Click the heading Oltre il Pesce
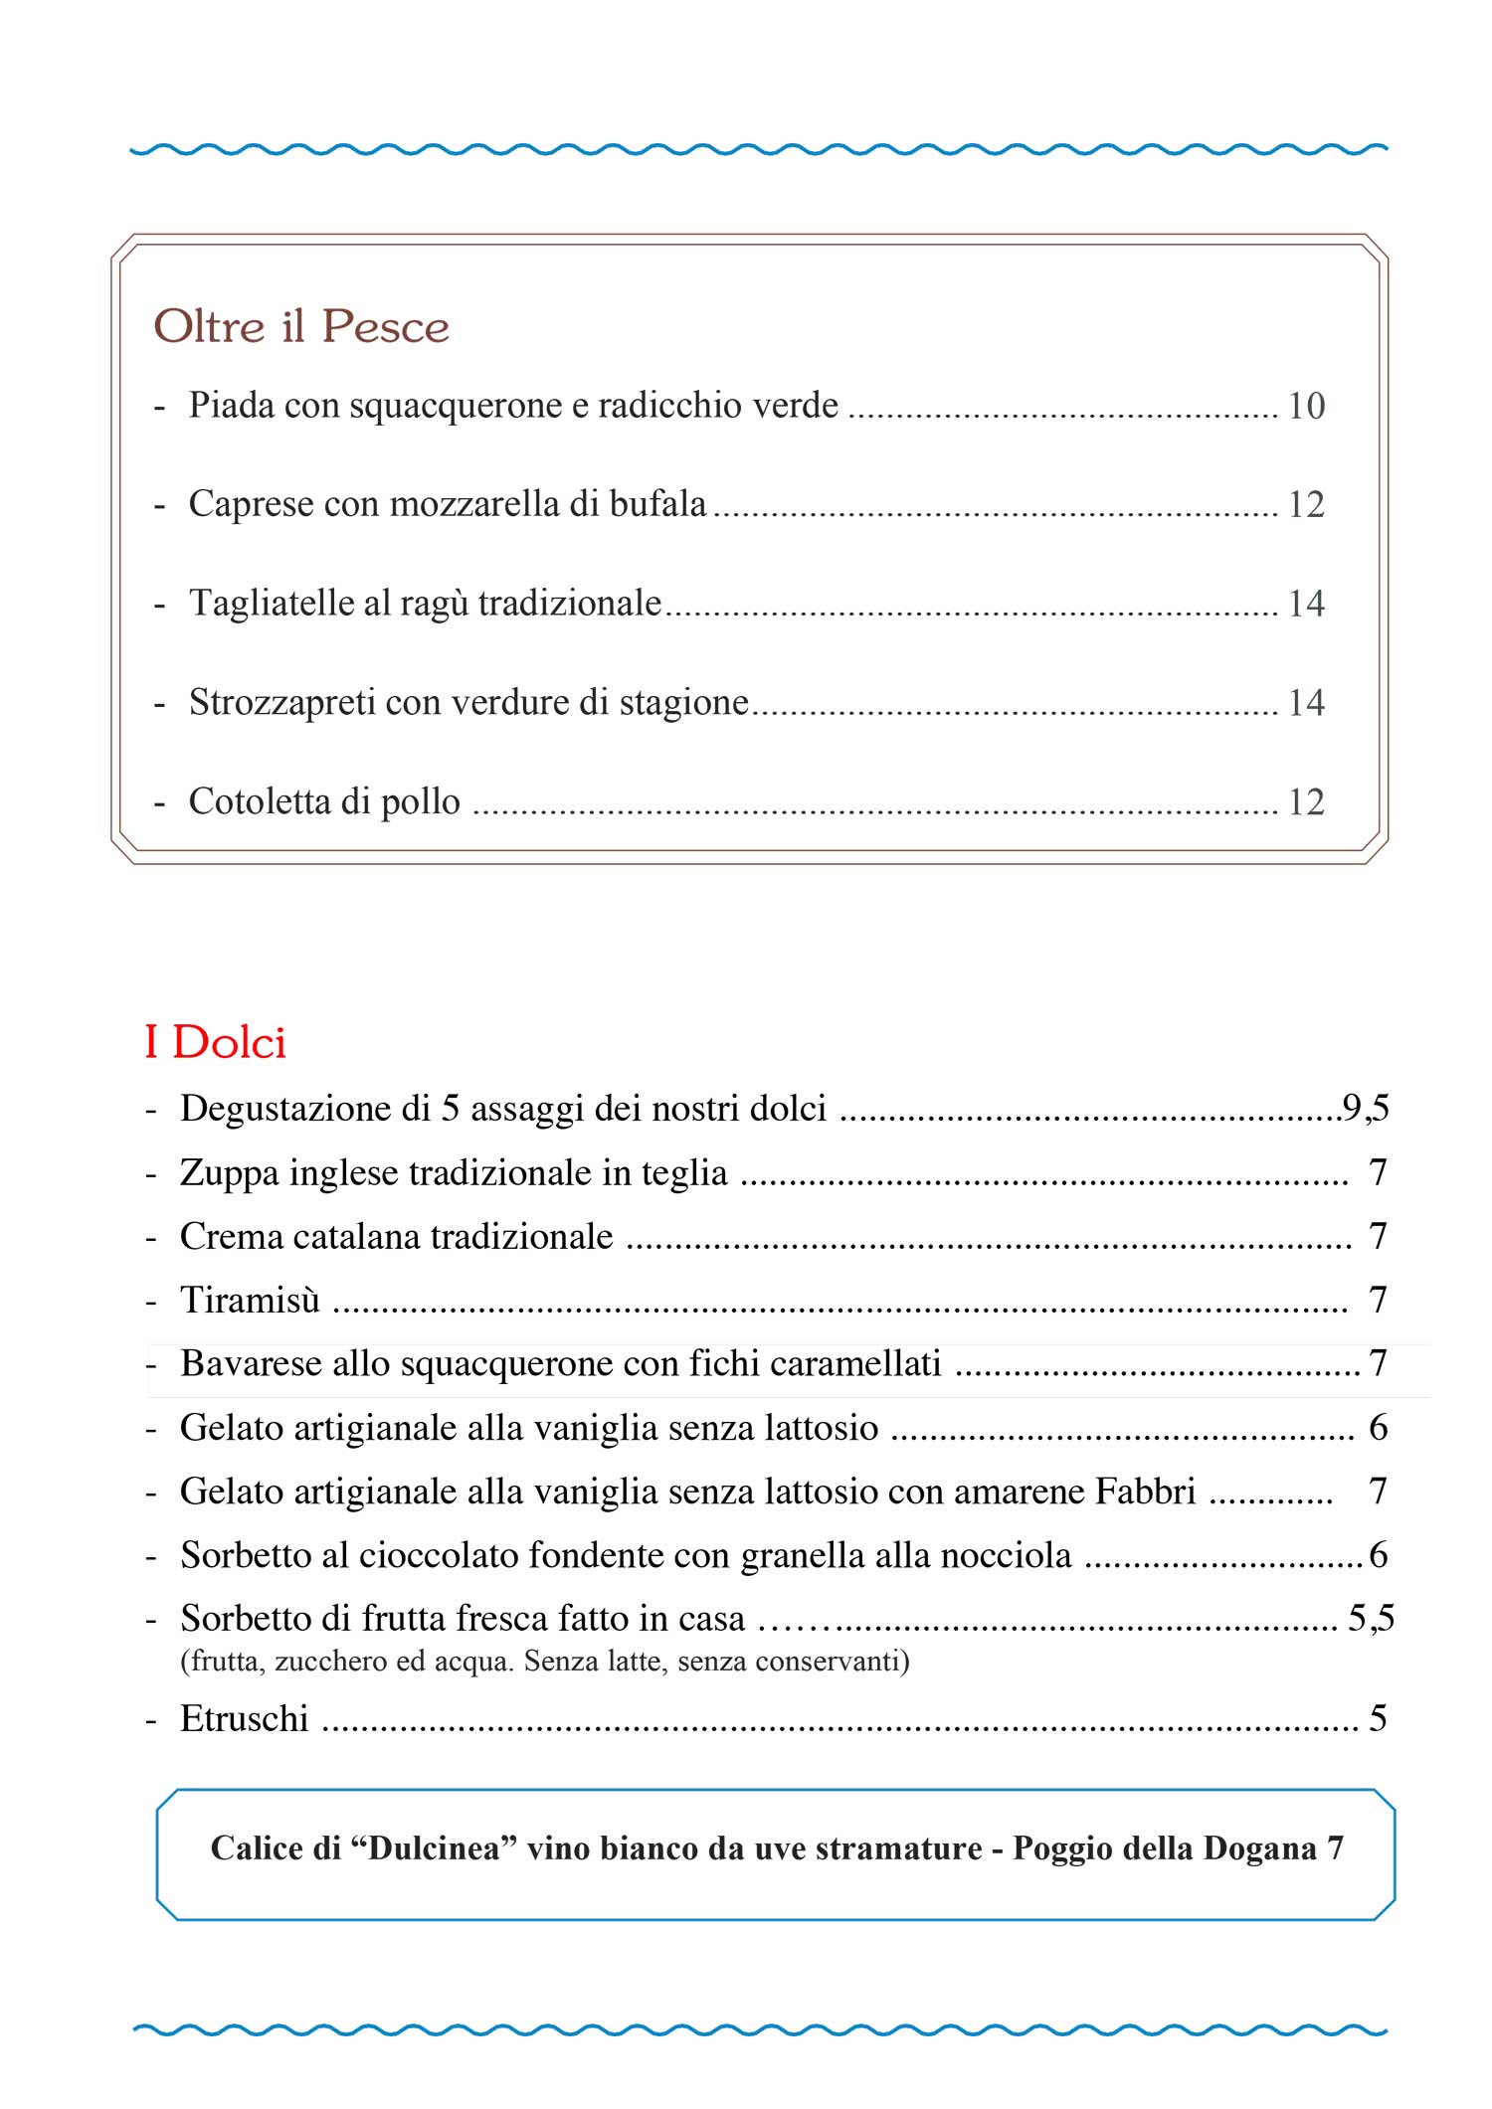(300, 327)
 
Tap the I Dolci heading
(215, 1042)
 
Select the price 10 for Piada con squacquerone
(1306, 406)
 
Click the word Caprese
(251, 504)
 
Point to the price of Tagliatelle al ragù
(1306, 604)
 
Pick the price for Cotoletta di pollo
(1306, 801)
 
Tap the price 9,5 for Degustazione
(1365, 1108)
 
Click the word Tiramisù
(250, 1300)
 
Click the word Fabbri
(1145, 1491)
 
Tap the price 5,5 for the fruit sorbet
(1371, 1618)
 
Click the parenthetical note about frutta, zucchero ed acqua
(544, 1661)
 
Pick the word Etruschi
(244, 1718)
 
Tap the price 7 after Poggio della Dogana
(1334, 1847)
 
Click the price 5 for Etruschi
(1378, 1718)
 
